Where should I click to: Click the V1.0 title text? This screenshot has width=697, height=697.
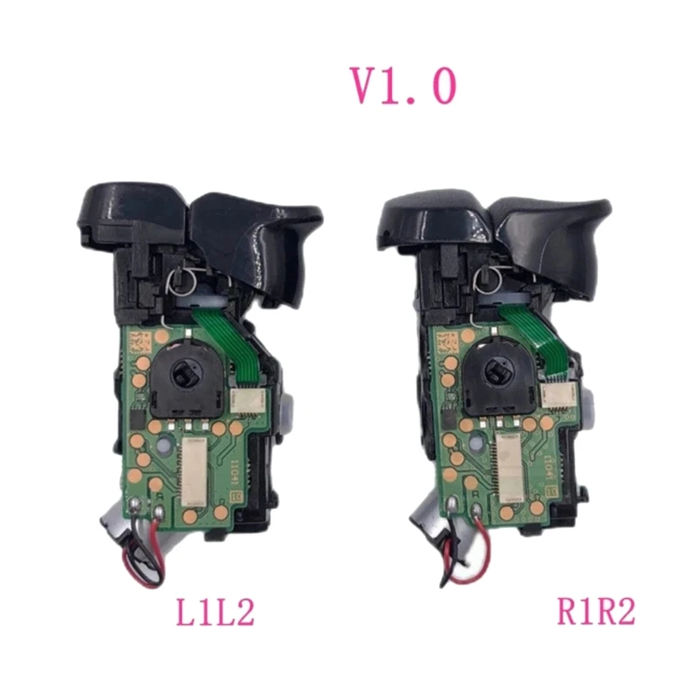403,86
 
